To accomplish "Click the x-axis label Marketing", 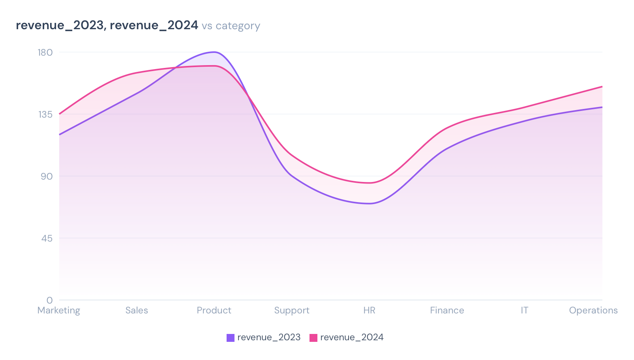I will point(59,310).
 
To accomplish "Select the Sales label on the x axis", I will point(137,310).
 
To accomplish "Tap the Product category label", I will point(214,310).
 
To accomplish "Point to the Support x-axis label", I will point(292,310).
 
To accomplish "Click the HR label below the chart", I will point(369,310).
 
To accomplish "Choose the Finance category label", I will point(447,310).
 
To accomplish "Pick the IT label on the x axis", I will point(524,310).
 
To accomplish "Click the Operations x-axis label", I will point(593,310).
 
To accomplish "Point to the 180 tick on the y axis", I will point(45,52).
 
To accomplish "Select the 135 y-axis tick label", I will point(45,114).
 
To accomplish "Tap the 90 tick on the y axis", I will point(46,176).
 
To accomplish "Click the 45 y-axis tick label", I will point(46,238).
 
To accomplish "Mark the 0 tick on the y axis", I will point(49,300).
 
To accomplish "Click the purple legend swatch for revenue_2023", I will point(231,337).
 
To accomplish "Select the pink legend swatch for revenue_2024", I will point(313,337).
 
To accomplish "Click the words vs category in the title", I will point(231,26).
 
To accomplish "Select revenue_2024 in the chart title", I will point(154,25).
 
